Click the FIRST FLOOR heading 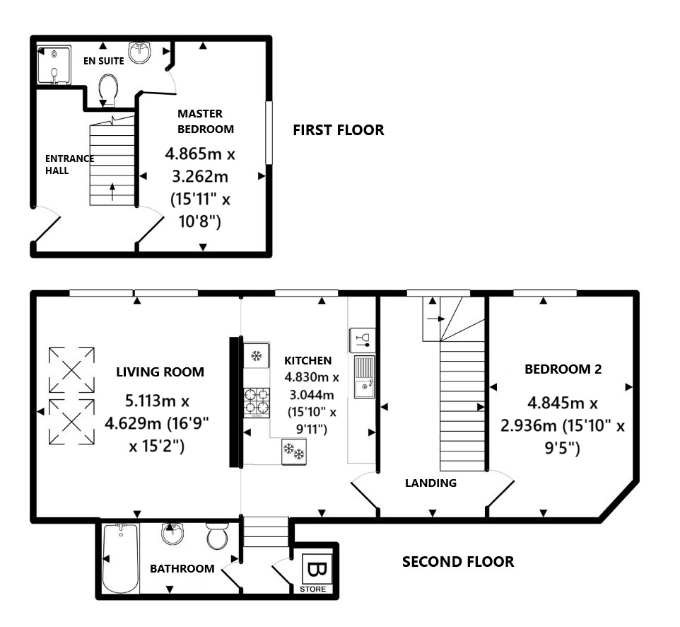click(339, 130)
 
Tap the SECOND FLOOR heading click(457, 562)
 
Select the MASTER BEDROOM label click(205, 121)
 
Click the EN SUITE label click(104, 61)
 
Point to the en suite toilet click(109, 91)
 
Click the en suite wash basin click(143, 53)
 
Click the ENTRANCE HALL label click(69, 164)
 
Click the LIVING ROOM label click(160, 372)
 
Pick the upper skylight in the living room click(71, 369)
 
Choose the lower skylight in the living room click(71, 422)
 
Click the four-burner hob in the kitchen click(257, 402)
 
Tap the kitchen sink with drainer click(364, 375)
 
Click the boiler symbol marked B click(315, 570)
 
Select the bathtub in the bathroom click(121, 559)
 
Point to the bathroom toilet click(217, 537)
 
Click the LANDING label click(430, 483)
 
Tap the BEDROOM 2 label click(563, 369)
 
